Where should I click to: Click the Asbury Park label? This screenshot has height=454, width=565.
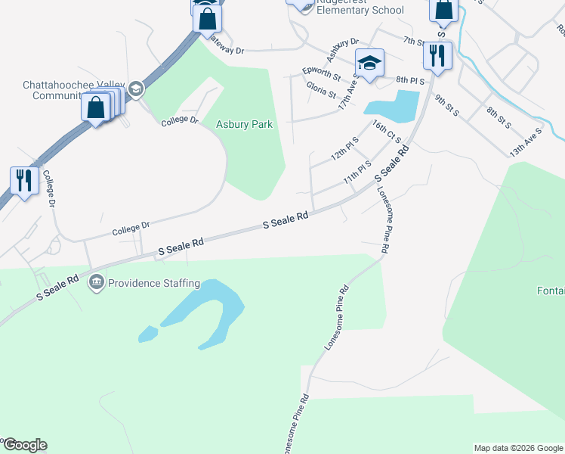pos(243,125)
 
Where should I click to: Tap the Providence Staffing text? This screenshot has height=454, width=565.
pos(153,284)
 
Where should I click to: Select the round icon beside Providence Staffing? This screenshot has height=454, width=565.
pos(97,284)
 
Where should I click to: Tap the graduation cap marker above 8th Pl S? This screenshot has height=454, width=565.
pos(369,63)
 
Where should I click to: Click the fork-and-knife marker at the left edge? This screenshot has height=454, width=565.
pos(23,180)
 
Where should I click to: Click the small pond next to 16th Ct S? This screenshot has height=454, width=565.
pos(392,105)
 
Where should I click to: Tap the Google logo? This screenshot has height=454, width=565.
pos(24,445)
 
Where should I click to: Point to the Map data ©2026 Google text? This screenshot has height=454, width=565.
pos(517,448)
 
